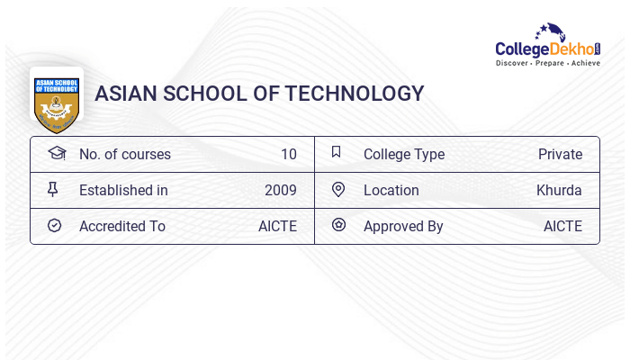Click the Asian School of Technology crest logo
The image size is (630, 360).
click(x=57, y=98)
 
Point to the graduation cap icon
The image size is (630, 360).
click(x=57, y=153)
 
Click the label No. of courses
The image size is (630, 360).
click(x=124, y=154)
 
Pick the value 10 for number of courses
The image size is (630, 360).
click(x=288, y=154)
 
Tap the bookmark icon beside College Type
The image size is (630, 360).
click(x=337, y=152)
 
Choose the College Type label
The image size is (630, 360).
click(x=404, y=154)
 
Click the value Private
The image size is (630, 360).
click(x=560, y=154)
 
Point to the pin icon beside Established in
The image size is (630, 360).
click(x=53, y=189)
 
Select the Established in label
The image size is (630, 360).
click(x=123, y=190)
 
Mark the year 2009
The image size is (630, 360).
click(x=281, y=190)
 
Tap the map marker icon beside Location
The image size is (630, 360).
click(x=338, y=189)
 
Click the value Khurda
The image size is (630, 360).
click(x=559, y=190)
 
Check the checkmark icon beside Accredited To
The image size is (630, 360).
click(x=54, y=225)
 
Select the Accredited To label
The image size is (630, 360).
click(x=122, y=226)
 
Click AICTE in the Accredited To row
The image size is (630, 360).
click(x=277, y=226)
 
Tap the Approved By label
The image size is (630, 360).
click(x=403, y=226)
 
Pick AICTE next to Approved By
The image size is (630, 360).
click(x=562, y=226)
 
